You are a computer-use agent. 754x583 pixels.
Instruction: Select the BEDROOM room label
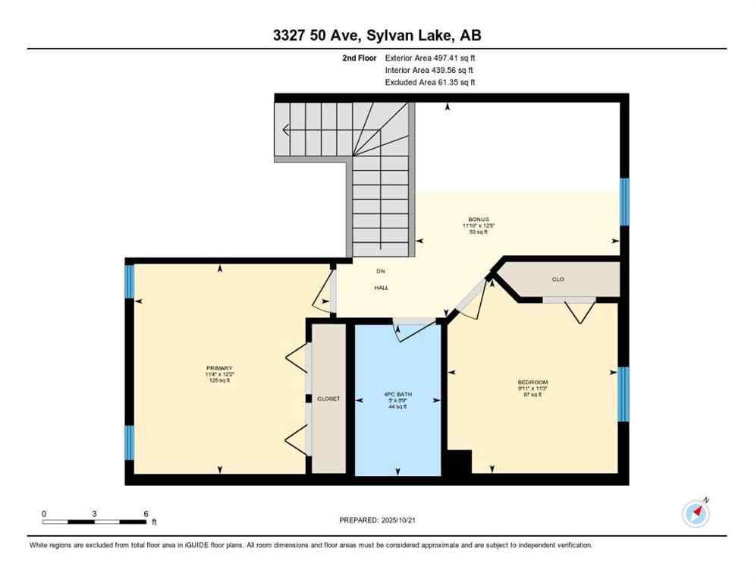[x=533, y=382]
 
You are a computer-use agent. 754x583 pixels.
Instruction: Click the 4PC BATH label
[x=397, y=394]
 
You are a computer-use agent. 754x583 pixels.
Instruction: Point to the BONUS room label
[x=479, y=219]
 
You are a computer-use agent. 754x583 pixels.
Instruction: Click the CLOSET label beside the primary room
[x=328, y=399]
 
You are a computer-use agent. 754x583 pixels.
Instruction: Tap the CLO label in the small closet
[x=558, y=279]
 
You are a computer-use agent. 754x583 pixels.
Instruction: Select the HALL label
[x=381, y=288]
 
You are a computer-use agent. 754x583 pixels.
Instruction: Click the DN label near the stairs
[x=381, y=271]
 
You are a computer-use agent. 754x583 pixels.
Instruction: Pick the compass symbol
[x=696, y=513]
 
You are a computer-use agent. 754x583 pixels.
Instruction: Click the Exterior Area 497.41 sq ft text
[x=430, y=58]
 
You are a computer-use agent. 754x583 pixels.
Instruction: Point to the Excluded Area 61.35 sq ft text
[x=430, y=82]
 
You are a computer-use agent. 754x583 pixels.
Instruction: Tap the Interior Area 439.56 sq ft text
[x=430, y=70]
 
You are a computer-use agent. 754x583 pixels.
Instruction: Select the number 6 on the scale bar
[x=146, y=514]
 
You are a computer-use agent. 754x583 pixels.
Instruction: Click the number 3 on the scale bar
[x=94, y=514]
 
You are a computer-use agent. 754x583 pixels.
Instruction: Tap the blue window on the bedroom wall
[x=623, y=394]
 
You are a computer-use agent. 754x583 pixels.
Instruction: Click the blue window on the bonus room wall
[x=624, y=202]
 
